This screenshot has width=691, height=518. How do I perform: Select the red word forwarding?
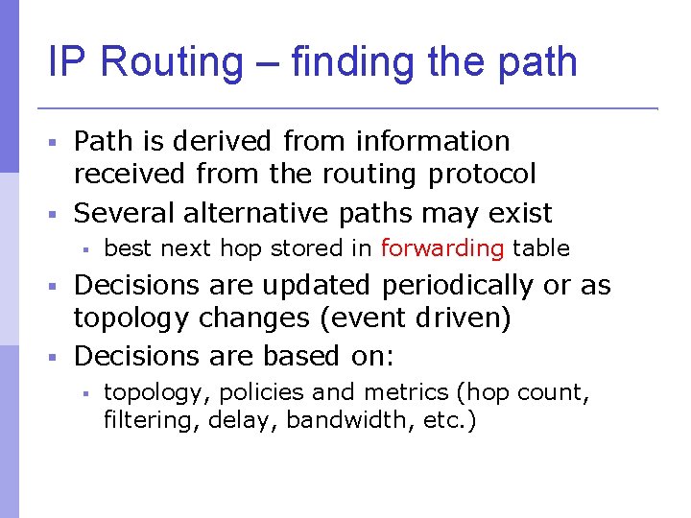(x=442, y=248)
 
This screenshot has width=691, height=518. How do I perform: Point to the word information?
(x=433, y=141)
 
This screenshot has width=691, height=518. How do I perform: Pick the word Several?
(x=124, y=212)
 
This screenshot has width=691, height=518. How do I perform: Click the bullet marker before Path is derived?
(x=55, y=142)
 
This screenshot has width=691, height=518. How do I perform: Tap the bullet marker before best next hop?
(x=85, y=249)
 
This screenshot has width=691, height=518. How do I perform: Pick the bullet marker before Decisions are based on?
(x=55, y=357)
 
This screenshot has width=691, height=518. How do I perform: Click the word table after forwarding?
(x=541, y=248)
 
